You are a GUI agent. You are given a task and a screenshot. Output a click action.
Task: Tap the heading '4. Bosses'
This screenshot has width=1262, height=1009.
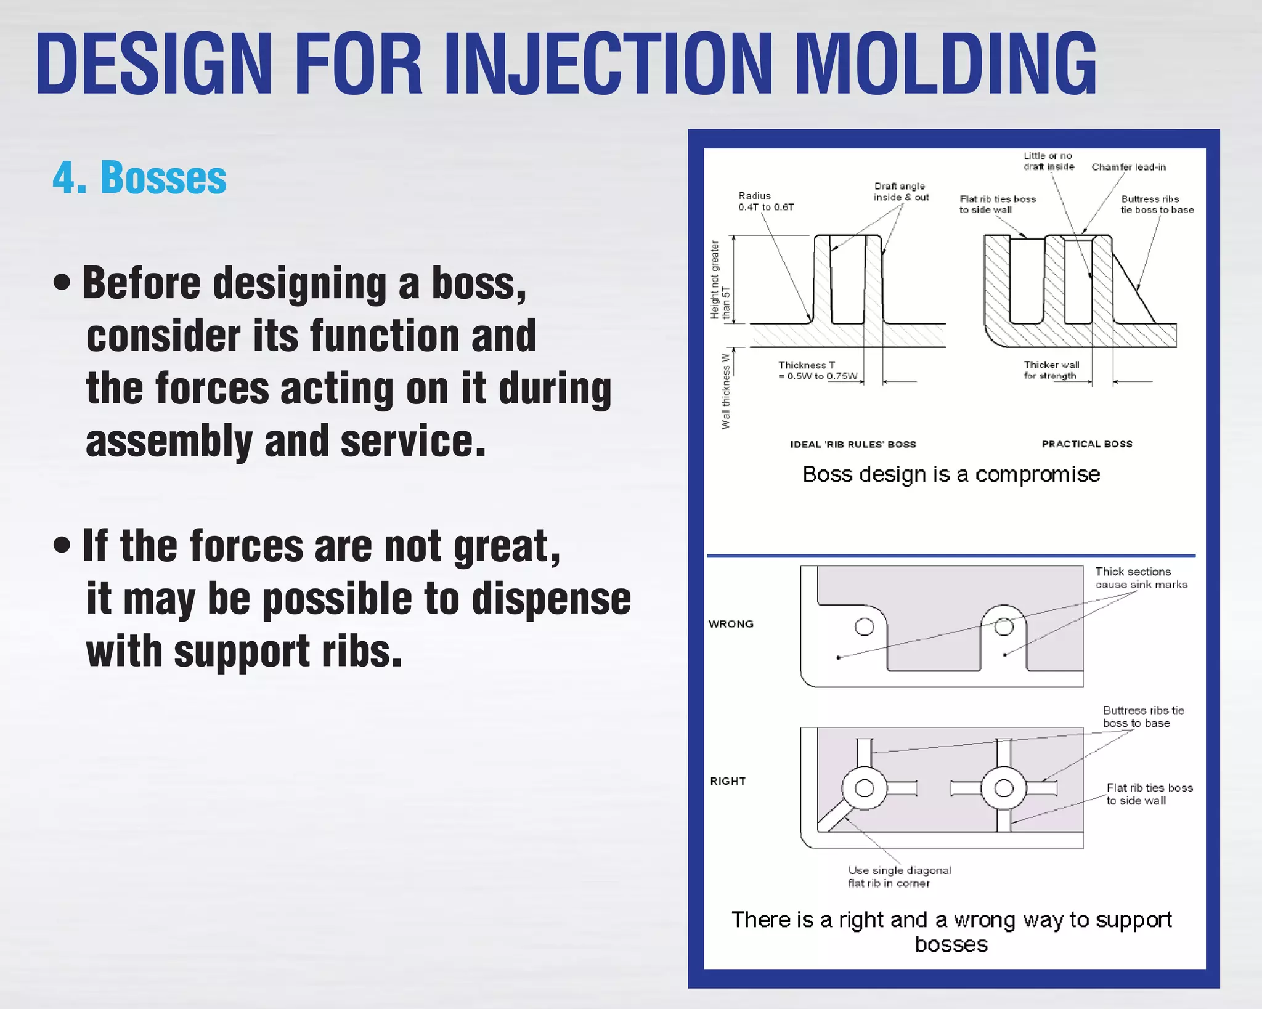point(139,178)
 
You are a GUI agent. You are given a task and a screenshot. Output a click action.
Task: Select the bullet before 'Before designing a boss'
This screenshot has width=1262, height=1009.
point(62,283)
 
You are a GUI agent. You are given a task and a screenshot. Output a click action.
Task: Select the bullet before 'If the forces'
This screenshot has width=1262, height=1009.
point(62,545)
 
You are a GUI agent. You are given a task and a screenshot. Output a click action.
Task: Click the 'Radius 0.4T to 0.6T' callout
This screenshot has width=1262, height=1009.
point(765,201)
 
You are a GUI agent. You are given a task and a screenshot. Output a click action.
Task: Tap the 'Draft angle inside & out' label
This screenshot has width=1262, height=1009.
point(900,192)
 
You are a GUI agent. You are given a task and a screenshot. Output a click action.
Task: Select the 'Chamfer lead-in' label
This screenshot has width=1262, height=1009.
point(1128,167)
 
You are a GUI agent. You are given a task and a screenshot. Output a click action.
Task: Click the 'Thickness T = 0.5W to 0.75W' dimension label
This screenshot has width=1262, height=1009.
point(817,370)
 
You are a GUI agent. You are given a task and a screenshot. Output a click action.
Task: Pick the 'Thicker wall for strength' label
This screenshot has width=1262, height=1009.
point(1051,370)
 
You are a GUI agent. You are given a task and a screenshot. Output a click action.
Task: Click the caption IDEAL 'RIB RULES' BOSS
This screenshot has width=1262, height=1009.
point(853,444)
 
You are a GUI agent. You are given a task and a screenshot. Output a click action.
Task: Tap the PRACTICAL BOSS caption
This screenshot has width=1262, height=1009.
point(1087,444)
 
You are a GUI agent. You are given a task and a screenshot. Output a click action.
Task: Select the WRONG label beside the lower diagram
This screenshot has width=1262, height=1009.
point(731,624)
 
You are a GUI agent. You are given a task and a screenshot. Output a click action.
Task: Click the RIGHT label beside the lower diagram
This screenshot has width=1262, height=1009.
point(728,781)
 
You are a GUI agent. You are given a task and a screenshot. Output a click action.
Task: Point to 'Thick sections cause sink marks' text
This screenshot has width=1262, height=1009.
point(1141,578)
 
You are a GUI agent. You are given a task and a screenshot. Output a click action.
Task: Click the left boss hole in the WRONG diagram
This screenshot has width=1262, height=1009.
point(865,627)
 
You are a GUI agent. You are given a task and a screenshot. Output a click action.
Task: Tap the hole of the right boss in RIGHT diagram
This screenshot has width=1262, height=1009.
point(1004,788)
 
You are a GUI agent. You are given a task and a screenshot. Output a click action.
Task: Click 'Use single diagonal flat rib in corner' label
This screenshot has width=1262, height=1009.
point(899,877)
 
